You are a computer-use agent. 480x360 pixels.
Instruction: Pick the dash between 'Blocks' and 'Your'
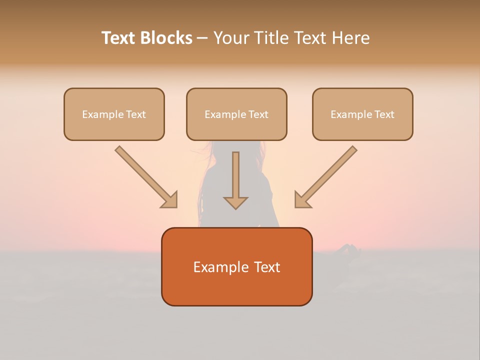(x=202, y=38)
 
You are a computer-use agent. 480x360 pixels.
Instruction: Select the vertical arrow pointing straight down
(x=235, y=177)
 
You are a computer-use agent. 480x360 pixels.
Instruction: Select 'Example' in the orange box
(x=216, y=267)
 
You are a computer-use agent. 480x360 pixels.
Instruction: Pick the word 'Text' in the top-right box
(x=384, y=114)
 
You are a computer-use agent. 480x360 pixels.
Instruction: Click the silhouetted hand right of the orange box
(x=350, y=250)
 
